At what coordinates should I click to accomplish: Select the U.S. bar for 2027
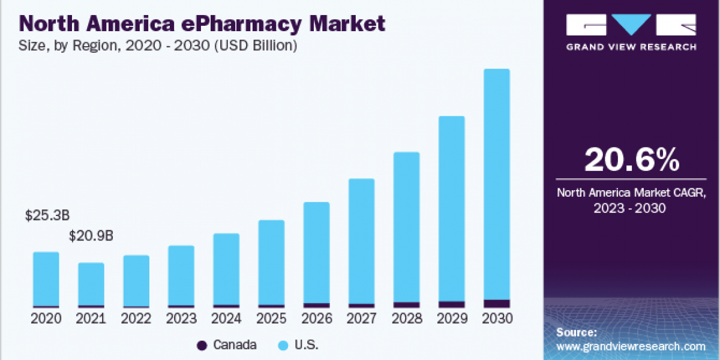point(361,240)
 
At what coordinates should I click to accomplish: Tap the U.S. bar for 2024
point(226,269)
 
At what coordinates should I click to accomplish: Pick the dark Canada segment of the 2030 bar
point(496,304)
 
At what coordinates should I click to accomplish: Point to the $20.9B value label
point(91,236)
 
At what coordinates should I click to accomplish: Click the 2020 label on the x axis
point(46,319)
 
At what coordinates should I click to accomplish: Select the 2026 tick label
point(316,319)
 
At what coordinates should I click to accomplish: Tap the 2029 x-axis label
point(451,319)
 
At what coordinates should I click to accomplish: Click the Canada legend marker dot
point(202,345)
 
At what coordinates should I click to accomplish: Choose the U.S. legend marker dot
point(283,345)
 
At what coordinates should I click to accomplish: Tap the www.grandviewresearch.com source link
point(631,346)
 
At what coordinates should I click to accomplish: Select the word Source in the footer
point(576,332)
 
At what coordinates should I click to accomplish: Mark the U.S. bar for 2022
point(136,281)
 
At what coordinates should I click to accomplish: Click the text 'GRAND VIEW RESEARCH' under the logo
point(631,47)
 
